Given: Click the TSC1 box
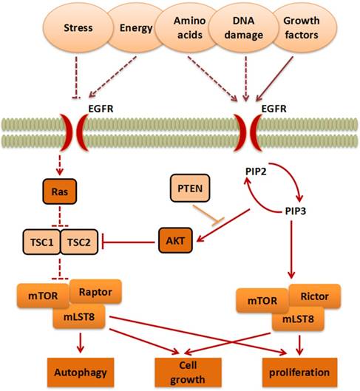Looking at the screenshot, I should pos(38,242).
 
